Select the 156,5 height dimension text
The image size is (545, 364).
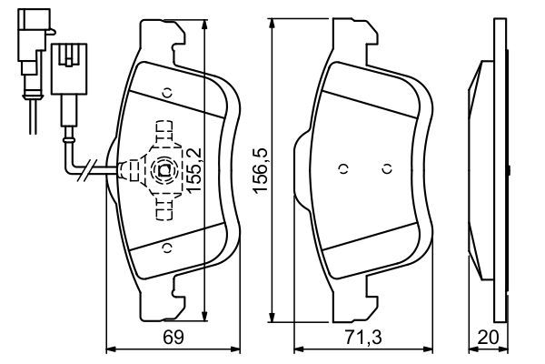pyautogui.click(x=262, y=169)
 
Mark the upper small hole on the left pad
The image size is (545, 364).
pyautogui.click(x=167, y=91)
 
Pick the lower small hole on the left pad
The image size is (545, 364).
pyautogui.click(x=165, y=248)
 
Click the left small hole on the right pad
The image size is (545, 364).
pyautogui.click(x=342, y=169)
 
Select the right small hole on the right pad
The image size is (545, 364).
pyautogui.click(x=386, y=169)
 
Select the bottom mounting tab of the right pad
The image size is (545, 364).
pyautogui.click(x=355, y=305)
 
